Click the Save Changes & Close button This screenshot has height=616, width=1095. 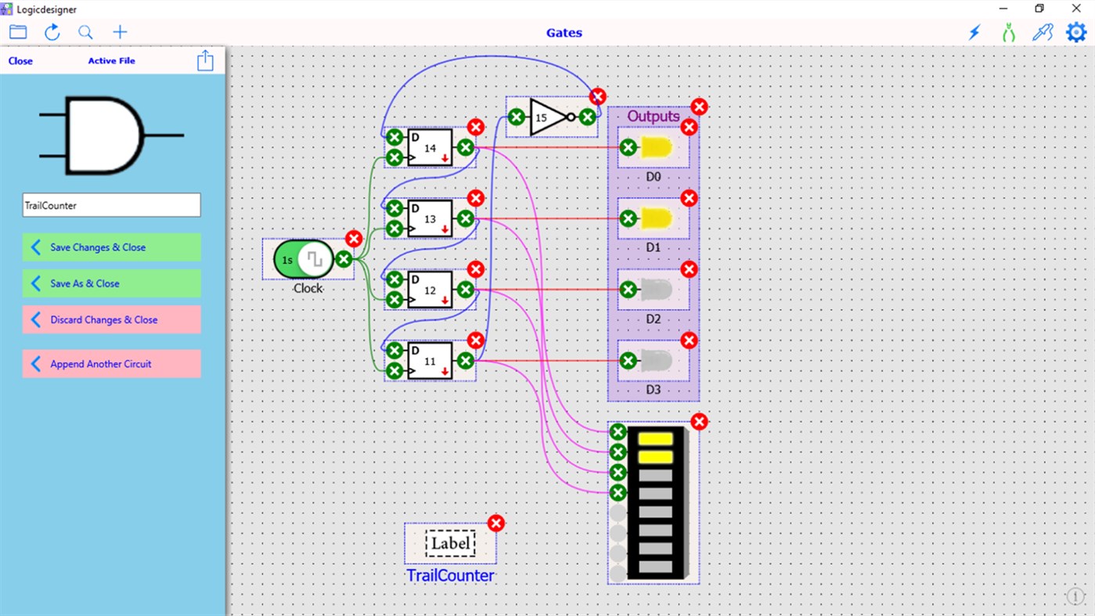111,247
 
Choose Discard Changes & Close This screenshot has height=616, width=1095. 111,320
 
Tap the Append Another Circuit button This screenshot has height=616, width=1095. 111,364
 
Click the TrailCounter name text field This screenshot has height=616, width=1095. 111,205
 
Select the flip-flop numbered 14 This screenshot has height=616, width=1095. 430,148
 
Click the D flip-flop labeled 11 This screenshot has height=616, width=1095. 430,361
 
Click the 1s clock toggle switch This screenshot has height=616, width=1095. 304,259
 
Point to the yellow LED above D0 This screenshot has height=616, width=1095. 656,147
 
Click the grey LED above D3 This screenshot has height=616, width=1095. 656,361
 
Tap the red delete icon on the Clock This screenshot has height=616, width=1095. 354,239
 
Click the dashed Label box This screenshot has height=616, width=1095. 450,543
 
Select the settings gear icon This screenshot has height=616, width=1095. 1076,32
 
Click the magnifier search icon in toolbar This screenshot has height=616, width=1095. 85,32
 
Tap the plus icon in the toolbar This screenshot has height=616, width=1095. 120,32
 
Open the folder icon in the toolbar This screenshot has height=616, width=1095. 18,32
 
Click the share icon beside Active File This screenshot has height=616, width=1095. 205,61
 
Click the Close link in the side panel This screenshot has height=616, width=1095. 20,61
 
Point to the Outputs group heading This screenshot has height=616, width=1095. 654,116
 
